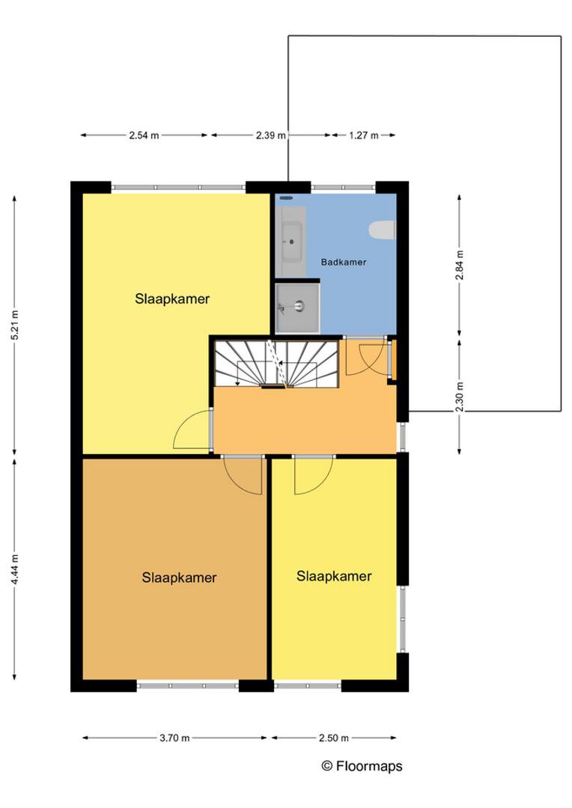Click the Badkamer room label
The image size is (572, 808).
pyautogui.click(x=344, y=263)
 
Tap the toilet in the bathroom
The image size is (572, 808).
pyautogui.click(x=382, y=230)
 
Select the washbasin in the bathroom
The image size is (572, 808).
pyautogui.click(x=292, y=241)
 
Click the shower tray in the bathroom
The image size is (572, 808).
pyautogui.click(x=297, y=307)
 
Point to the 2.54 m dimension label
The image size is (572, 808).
pyautogui.click(x=144, y=135)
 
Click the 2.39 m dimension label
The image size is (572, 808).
pyautogui.click(x=271, y=135)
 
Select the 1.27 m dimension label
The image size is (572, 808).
pyautogui.click(x=364, y=135)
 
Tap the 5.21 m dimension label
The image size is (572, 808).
pyautogui.click(x=15, y=325)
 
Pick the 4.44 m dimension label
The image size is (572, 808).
pyautogui.click(x=15, y=569)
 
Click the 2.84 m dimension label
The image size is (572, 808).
pyautogui.click(x=460, y=265)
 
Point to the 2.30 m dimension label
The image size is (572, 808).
pyautogui.click(x=460, y=397)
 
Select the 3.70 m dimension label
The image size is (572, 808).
pyautogui.click(x=174, y=738)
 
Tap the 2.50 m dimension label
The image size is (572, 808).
pyautogui.click(x=334, y=738)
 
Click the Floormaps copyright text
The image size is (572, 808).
pyautogui.click(x=362, y=766)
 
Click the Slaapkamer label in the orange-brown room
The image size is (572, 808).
pyautogui.click(x=179, y=578)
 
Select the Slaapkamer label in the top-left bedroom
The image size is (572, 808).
pyautogui.click(x=172, y=299)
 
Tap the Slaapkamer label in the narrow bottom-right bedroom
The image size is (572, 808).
pyautogui.click(x=334, y=576)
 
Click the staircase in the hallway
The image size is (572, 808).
pyautogui.click(x=276, y=363)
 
